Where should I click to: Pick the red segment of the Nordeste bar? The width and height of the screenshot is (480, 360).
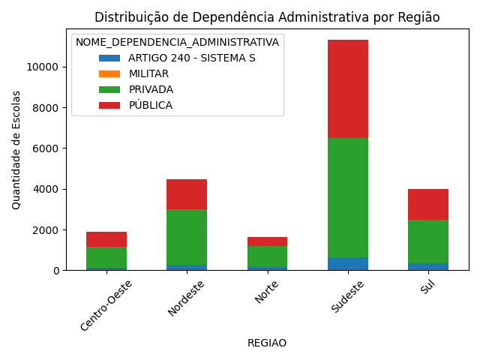pos(187,194)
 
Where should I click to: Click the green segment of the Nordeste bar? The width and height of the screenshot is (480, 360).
pos(187,237)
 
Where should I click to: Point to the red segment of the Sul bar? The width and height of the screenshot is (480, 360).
pos(427,204)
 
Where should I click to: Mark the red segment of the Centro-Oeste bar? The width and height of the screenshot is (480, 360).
pos(106,239)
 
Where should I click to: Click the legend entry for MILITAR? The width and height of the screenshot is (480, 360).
pos(148,73)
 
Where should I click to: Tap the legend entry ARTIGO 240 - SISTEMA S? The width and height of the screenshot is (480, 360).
pos(191,58)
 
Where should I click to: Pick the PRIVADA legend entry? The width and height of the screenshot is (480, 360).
pos(150,89)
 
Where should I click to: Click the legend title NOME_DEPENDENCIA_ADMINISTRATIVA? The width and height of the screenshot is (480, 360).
pos(177,42)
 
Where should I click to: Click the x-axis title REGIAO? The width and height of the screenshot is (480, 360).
pos(267,343)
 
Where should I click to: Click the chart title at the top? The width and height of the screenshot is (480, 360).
pos(267,17)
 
